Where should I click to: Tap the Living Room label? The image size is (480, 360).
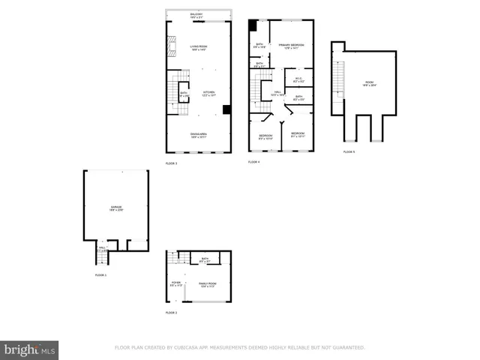[198, 48]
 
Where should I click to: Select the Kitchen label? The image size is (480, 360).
[208, 94]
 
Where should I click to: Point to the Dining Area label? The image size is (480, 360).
[198, 134]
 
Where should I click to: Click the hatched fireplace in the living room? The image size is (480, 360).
[172, 47]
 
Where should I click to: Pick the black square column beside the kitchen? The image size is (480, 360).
[226, 109]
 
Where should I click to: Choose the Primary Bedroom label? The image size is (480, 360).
[291, 46]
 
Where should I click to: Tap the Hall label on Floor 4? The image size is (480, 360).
[277, 94]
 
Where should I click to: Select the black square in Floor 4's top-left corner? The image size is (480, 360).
[253, 25]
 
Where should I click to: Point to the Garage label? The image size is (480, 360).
[116, 208]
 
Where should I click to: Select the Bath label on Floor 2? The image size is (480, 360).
[205, 259]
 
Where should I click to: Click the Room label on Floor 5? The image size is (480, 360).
[369, 84]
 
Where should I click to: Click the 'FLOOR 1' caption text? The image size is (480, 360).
[100, 275]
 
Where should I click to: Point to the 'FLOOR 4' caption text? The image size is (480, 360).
[253, 162]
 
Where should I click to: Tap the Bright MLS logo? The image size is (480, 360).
[30, 349]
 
